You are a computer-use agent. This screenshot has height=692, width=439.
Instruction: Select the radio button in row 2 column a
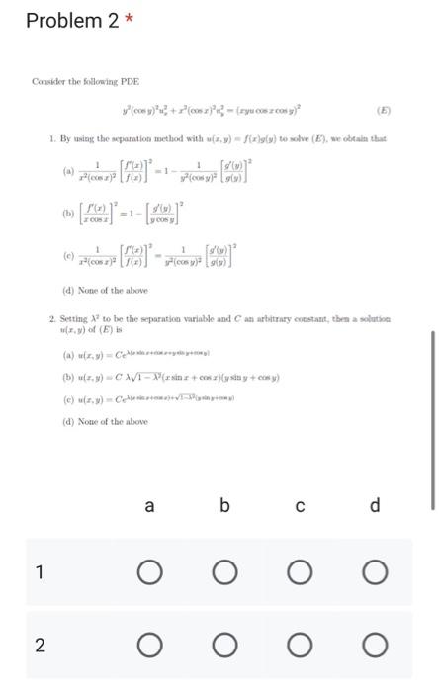[x=149, y=647]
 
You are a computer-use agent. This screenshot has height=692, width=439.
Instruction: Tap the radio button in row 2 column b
[x=224, y=647]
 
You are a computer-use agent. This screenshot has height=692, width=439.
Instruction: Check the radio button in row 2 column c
[x=300, y=647]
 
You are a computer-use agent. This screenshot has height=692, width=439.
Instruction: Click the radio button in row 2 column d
[x=375, y=647]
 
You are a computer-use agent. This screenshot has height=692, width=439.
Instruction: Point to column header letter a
[x=149, y=506]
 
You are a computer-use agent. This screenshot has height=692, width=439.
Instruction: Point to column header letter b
[x=224, y=506]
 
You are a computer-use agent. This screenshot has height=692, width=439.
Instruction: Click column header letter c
[x=300, y=506]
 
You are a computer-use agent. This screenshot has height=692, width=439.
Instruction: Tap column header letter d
[x=375, y=506]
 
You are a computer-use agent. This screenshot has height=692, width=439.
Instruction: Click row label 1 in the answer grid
[x=39, y=571]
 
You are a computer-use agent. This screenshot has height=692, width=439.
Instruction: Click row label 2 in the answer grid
[x=39, y=647]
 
